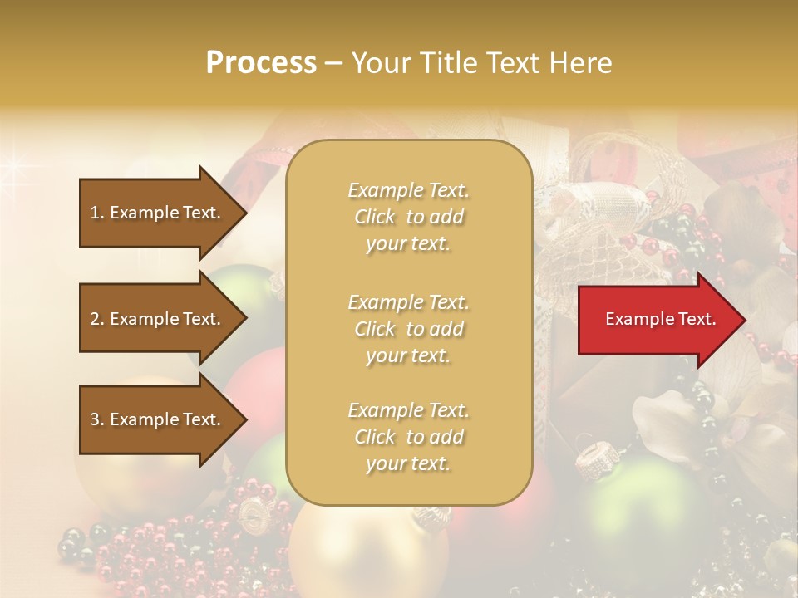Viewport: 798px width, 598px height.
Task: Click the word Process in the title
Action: coord(260,62)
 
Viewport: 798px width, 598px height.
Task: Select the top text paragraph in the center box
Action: coord(408,217)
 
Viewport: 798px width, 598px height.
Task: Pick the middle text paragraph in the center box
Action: coord(408,329)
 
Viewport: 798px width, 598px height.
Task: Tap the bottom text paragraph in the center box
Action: coord(408,437)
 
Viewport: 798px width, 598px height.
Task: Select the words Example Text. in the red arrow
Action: coord(661,319)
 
